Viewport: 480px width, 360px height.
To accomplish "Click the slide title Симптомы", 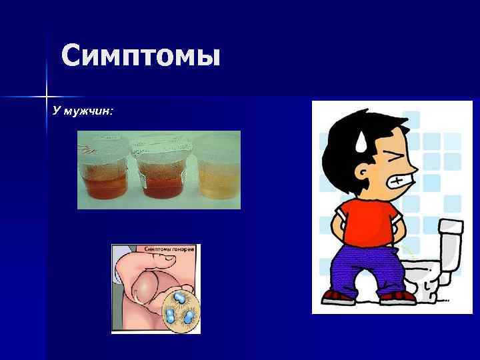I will click(x=140, y=56).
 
